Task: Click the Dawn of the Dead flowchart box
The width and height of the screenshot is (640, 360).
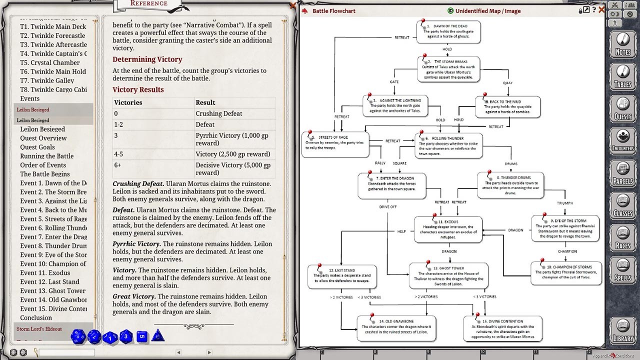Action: [x=448, y=31]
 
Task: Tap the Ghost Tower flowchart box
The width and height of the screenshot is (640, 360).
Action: [x=448, y=275]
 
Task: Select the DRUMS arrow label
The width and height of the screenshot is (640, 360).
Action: [x=511, y=163]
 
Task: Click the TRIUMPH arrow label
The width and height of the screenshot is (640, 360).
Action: [x=564, y=203]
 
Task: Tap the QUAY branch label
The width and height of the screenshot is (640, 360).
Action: [x=508, y=83]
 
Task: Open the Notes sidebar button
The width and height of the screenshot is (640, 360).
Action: [x=622, y=44]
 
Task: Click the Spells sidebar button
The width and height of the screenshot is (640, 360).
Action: [x=622, y=270]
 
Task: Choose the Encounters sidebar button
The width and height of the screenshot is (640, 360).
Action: [x=622, y=140]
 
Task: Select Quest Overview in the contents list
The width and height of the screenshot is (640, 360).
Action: [x=43, y=138]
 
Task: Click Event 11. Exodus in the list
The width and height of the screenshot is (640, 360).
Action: [x=45, y=273]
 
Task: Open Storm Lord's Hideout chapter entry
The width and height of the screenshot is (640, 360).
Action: [x=39, y=329]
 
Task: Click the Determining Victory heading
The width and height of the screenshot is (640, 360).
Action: [x=147, y=59]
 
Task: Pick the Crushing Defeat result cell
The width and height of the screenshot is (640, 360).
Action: [x=218, y=113]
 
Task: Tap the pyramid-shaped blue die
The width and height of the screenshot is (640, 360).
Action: [x=158, y=335]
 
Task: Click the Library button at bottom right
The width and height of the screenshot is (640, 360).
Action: [x=622, y=332]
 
